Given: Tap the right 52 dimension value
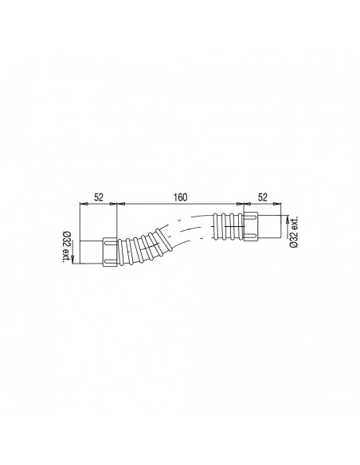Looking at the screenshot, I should point(261,196).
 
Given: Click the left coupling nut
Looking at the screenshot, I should point(110,251).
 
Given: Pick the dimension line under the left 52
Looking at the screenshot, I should point(98,205).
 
